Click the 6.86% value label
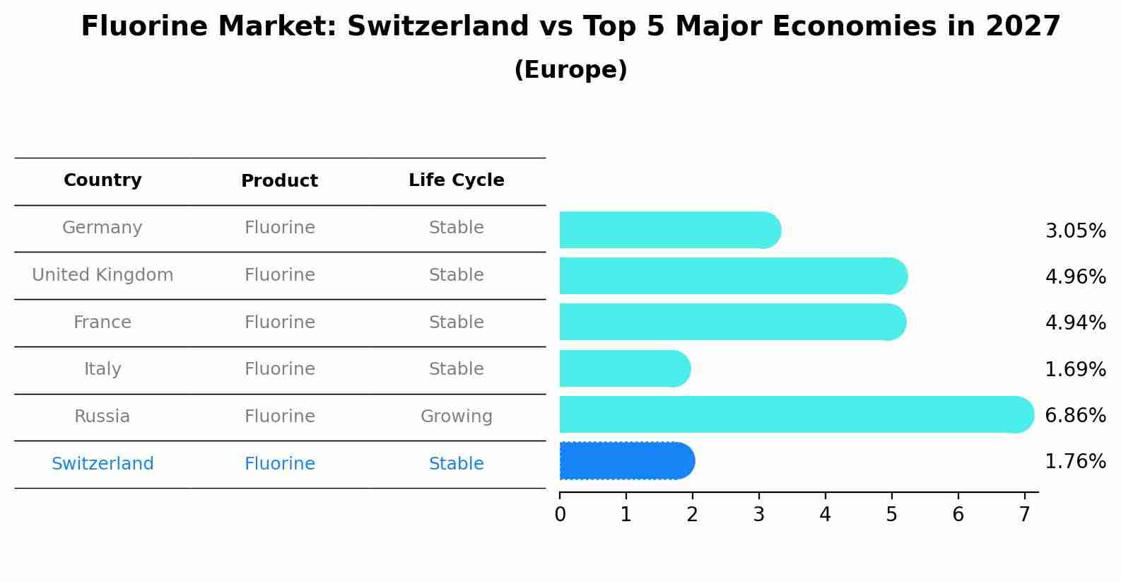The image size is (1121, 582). click(x=1074, y=415)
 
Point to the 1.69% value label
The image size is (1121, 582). click(x=1074, y=369)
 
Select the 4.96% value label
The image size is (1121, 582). click(x=1074, y=277)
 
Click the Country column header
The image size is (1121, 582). click(x=102, y=180)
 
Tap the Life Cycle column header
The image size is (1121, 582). click(x=456, y=180)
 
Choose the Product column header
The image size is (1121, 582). click(x=279, y=181)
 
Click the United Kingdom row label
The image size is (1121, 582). click(x=102, y=275)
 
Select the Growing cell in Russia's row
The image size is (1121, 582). click(x=456, y=417)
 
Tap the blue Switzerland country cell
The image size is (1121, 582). click(x=102, y=464)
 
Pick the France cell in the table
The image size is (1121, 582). click(x=102, y=322)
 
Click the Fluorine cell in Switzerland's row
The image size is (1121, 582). click(x=279, y=464)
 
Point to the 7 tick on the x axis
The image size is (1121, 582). click(x=1024, y=515)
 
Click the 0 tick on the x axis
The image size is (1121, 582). click(x=560, y=515)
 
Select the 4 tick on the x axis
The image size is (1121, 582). click(x=825, y=515)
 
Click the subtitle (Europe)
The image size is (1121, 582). click(x=570, y=70)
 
